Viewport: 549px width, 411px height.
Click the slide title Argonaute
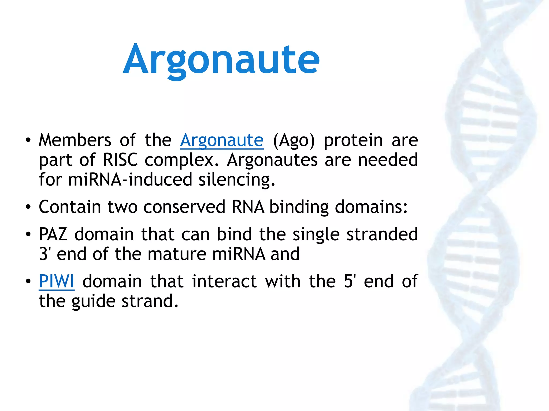pos(221,59)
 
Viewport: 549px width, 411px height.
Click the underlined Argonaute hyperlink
pos(222,140)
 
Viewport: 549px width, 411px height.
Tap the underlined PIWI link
pos(57,281)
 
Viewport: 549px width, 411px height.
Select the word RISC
pos(120,160)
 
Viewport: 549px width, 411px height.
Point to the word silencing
pos(237,180)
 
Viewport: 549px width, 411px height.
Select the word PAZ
pos(53,234)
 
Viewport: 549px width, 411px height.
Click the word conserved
pos(184,207)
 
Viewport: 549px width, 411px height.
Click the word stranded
pos(382,234)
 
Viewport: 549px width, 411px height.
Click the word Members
pos(75,140)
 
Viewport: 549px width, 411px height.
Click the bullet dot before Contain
pos(28,207)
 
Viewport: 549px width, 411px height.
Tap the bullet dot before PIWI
pos(28,282)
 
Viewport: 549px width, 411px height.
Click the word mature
pos(177,254)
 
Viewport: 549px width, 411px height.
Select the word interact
pos(224,281)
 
